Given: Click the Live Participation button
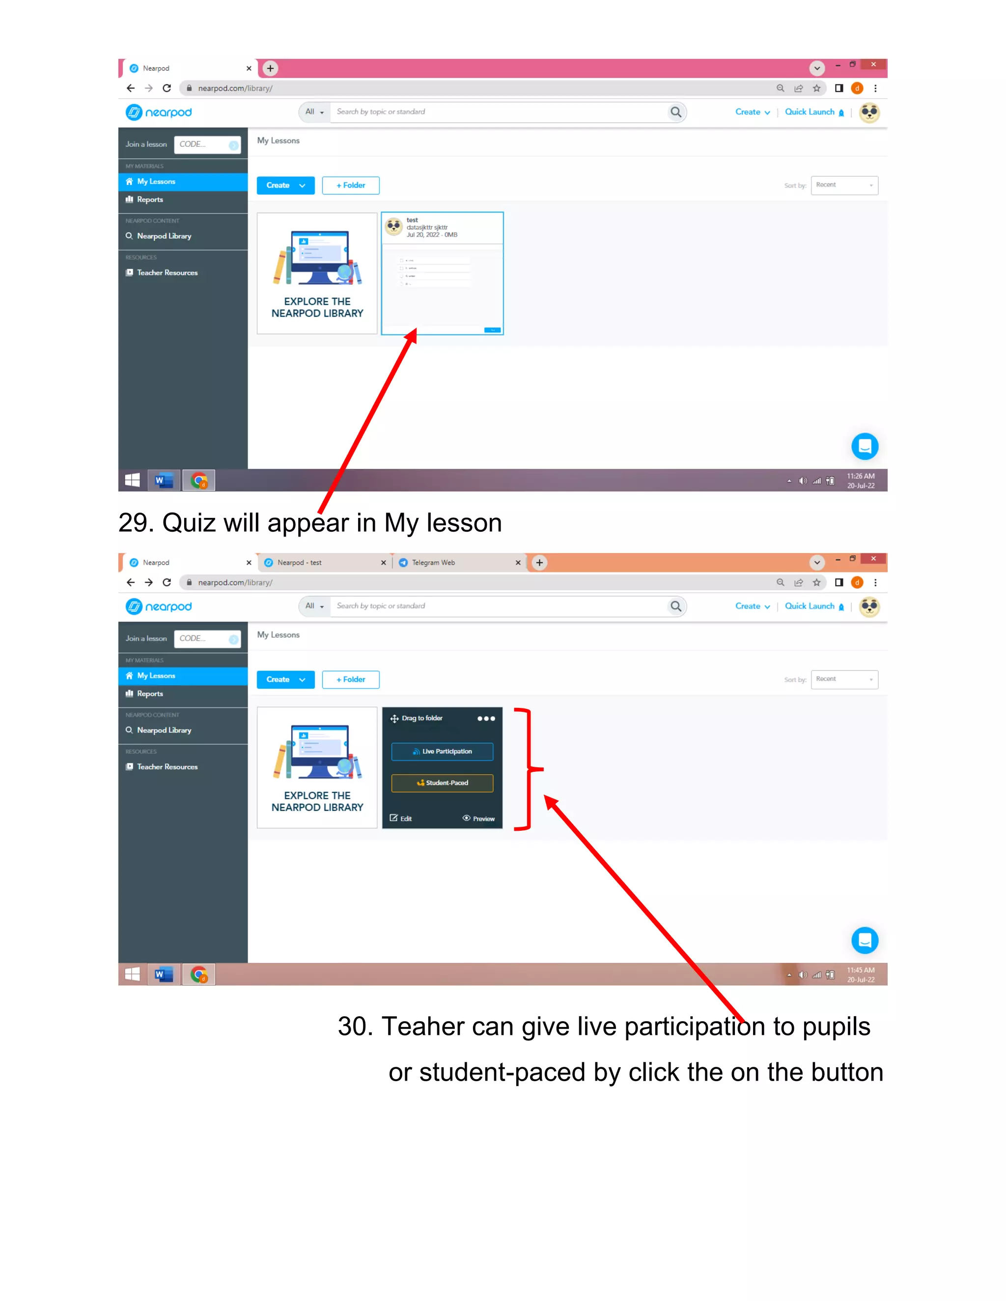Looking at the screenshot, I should pos(442,751).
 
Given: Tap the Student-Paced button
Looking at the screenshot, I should pos(442,783).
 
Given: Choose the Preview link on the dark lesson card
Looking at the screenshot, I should pos(478,818).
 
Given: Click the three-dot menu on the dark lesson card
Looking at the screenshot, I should pos(486,718).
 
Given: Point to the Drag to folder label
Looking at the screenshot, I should pos(421,718).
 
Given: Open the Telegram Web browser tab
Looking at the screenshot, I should pos(433,562).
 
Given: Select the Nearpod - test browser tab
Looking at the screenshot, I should pos(299,562).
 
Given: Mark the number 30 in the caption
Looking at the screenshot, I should pos(352,1027).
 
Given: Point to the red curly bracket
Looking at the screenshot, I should pos(528,769).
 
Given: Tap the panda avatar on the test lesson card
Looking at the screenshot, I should pos(394,226).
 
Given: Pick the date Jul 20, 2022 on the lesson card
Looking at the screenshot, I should pos(423,235).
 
